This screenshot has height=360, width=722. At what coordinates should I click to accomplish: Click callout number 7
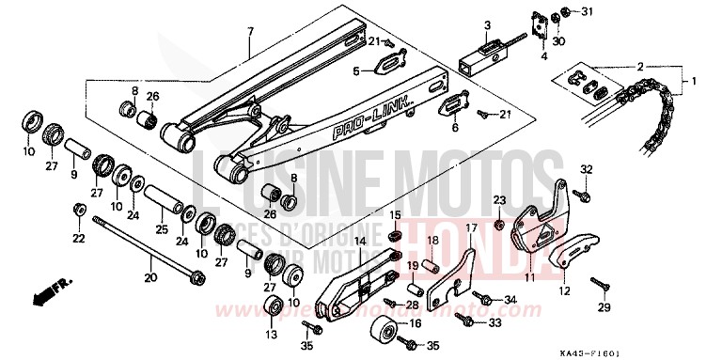pos(250,31)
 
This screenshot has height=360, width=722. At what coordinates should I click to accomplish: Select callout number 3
pos(463,24)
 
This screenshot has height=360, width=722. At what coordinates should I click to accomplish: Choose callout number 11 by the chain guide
pos(528,278)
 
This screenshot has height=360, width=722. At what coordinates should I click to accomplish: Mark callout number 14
pos(359,242)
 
